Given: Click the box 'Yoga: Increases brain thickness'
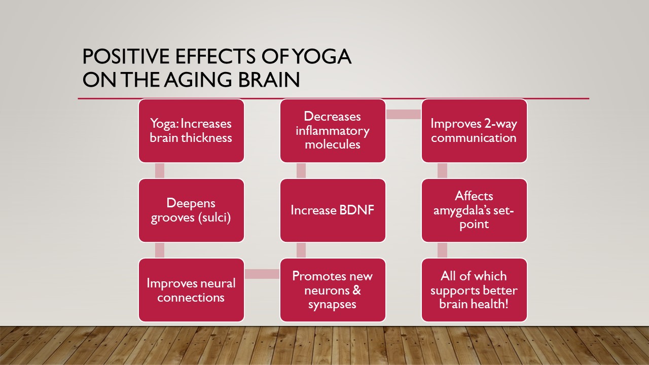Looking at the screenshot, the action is click(x=191, y=131).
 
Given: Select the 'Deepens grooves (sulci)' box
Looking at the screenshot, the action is click(x=191, y=210).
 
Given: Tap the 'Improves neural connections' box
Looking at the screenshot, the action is click(x=191, y=290).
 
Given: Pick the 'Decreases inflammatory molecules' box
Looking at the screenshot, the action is click(x=333, y=131).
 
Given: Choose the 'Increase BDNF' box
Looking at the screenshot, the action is click(x=333, y=210).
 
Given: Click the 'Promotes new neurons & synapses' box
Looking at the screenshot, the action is click(x=333, y=290).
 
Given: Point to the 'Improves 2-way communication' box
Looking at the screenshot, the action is click(x=474, y=131).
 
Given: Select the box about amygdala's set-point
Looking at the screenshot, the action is click(x=474, y=210).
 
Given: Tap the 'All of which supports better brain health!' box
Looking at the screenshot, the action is click(x=474, y=290).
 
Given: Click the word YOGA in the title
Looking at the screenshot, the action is click(x=321, y=56).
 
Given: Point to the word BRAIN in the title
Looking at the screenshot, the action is click(x=269, y=80).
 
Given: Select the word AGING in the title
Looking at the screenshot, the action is click(x=198, y=80).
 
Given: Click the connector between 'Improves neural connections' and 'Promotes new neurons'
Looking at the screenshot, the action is click(x=262, y=274).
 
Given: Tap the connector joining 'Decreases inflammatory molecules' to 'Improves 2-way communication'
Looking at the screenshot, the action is click(x=403, y=114).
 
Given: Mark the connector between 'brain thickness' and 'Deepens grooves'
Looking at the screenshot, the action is click(x=160, y=171).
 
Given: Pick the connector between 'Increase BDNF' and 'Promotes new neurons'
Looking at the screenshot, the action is click(x=301, y=250).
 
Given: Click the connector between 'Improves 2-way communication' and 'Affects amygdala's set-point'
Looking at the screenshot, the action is click(x=443, y=171).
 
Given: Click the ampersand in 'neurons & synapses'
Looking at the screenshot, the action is click(x=356, y=290).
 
